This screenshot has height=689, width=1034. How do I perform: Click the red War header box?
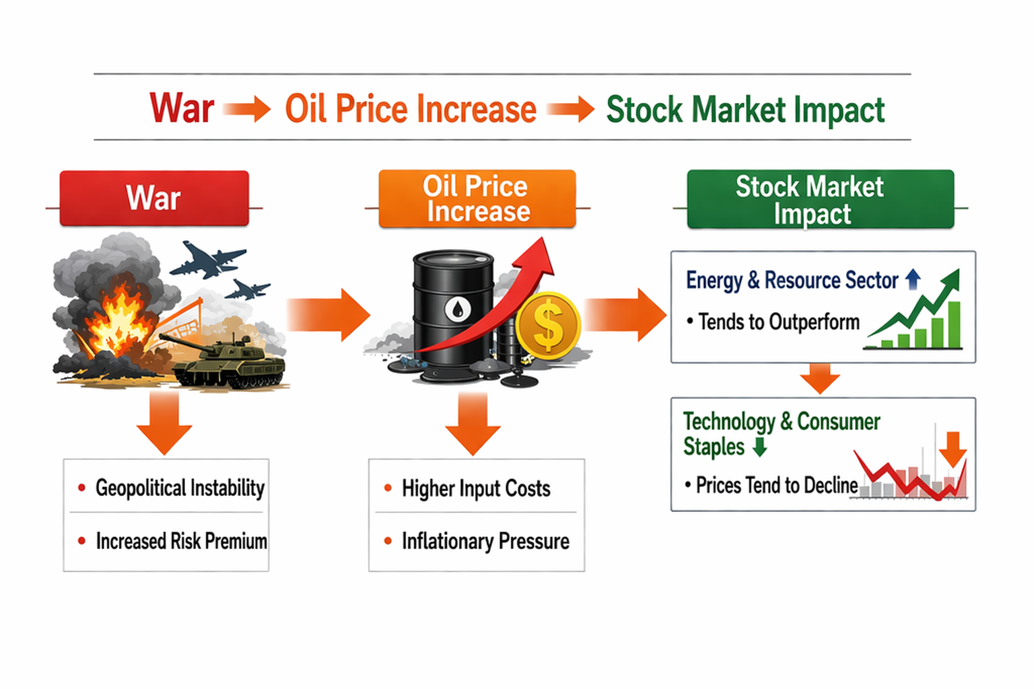(x=154, y=198)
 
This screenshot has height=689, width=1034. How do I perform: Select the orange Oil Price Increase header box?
(x=477, y=198)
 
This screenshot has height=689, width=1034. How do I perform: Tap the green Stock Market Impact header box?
(x=821, y=199)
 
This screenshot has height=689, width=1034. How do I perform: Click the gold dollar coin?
(x=548, y=326)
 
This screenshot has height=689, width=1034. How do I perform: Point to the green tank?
(x=228, y=360)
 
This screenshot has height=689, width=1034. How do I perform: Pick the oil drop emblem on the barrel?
(x=458, y=309)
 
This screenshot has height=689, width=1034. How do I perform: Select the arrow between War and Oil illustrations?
(x=329, y=315)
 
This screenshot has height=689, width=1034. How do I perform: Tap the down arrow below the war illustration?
(x=164, y=423)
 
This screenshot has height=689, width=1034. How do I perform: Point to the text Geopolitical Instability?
(x=180, y=488)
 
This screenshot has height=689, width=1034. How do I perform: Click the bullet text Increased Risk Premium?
(x=181, y=542)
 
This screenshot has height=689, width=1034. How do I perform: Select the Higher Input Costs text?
(x=476, y=488)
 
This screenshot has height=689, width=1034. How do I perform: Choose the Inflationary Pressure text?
(x=485, y=542)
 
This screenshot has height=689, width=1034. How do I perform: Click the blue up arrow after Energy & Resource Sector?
(x=913, y=279)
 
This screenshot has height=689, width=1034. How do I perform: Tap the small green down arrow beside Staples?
(x=760, y=447)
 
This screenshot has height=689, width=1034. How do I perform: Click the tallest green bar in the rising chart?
(x=954, y=325)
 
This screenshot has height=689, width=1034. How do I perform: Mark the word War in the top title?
(x=182, y=108)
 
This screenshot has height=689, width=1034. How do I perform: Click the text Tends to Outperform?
(x=779, y=322)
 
